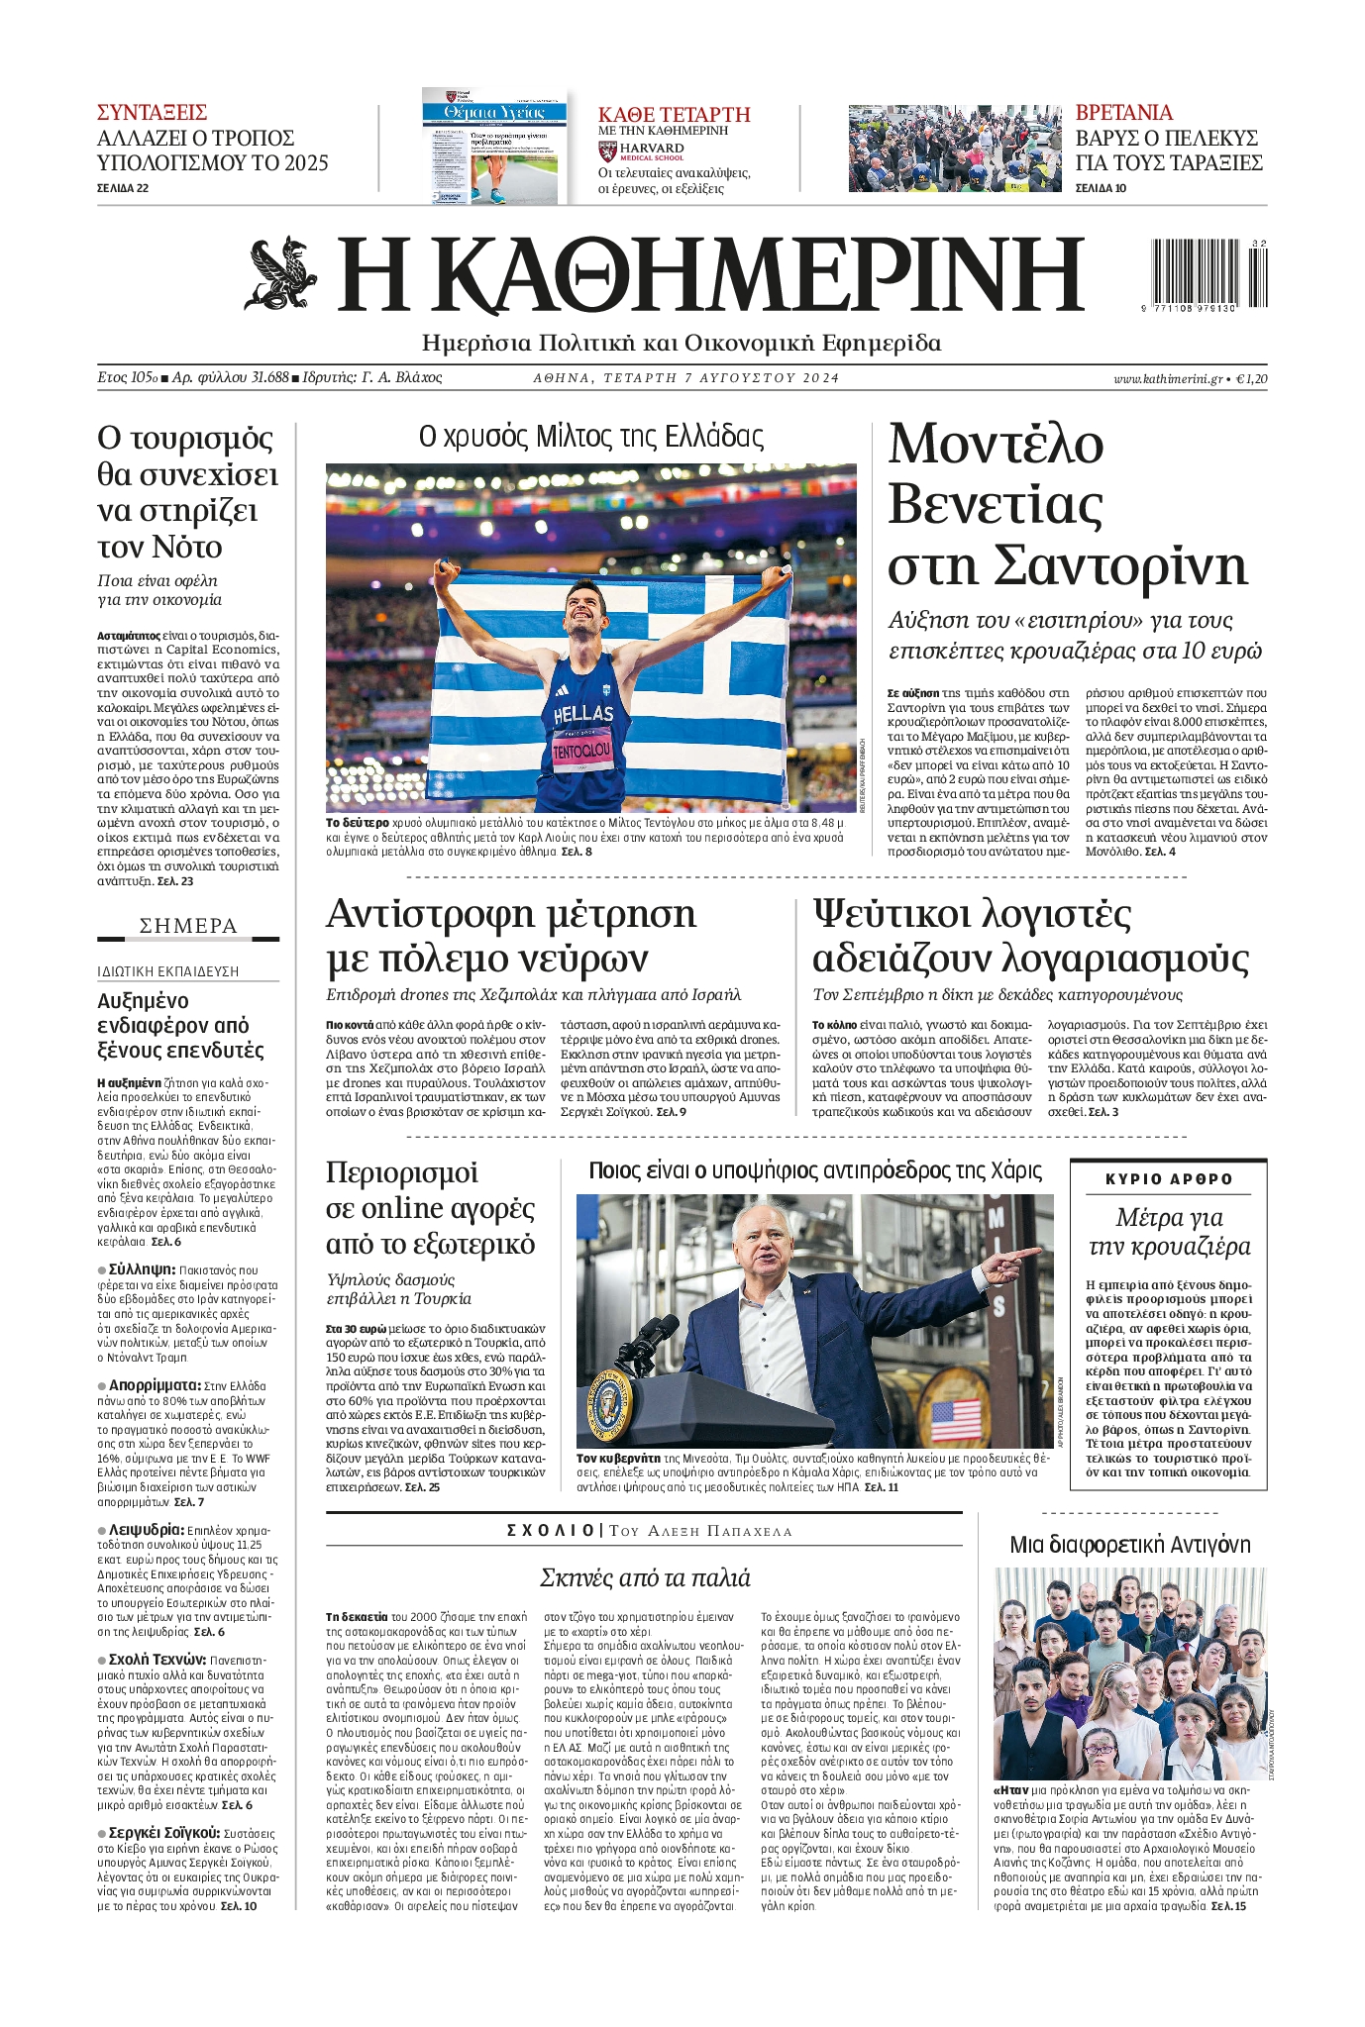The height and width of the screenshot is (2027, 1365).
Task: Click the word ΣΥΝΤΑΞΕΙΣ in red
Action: pyautogui.click(x=152, y=112)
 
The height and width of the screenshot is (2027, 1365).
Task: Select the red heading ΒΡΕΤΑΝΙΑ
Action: pyautogui.click(x=1123, y=112)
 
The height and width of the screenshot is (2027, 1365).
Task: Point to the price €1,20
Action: pyautogui.click(x=1251, y=378)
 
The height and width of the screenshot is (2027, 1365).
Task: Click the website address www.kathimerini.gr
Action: pyautogui.click(x=1167, y=378)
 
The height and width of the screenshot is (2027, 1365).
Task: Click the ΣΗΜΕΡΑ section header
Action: pyautogui.click(x=188, y=926)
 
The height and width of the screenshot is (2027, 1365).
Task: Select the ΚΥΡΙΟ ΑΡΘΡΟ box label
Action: pyautogui.click(x=1169, y=1179)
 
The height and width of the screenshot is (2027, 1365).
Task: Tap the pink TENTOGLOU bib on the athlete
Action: pyautogui.click(x=582, y=751)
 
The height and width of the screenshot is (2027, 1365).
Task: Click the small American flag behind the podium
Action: pyautogui.click(x=956, y=1420)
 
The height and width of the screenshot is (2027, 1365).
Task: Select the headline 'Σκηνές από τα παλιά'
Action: pyautogui.click(x=645, y=1577)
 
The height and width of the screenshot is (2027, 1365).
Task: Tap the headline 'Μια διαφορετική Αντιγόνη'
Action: pyautogui.click(x=1129, y=1545)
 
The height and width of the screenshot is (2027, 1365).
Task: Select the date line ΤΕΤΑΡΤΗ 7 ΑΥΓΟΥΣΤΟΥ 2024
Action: pyautogui.click(x=685, y=378)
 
